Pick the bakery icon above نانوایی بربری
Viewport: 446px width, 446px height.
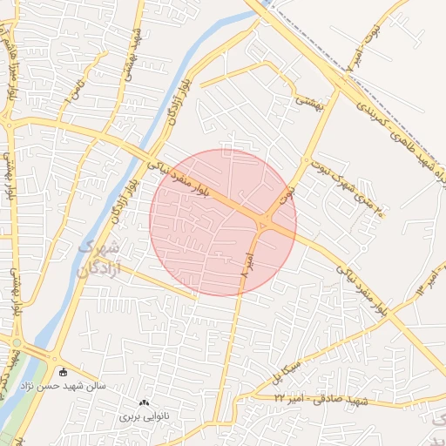(x=145, y=402)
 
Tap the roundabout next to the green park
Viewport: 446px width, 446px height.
(x=15, y=344)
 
